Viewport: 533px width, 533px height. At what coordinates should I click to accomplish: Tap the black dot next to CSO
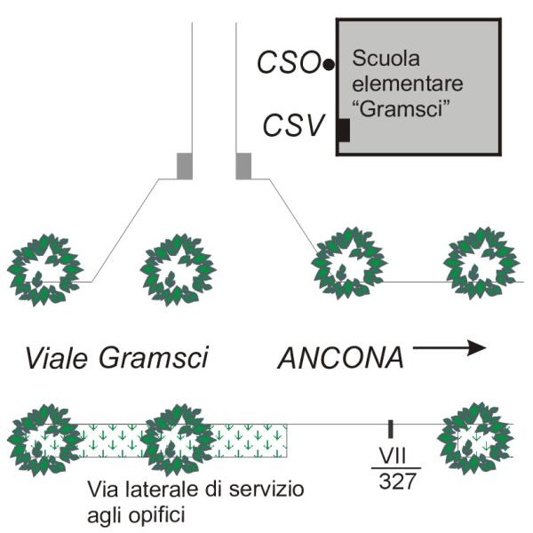point(329,64)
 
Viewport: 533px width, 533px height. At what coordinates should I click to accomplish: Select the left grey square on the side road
point(184,165)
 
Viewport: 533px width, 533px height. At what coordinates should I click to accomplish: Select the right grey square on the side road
point(243,165)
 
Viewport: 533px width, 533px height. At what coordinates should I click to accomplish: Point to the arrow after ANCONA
point(449,348)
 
